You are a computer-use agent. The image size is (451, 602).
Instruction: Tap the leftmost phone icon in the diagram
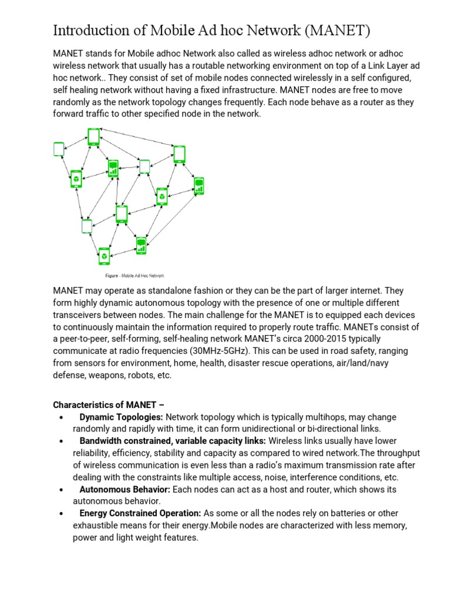click(x=59, y=149)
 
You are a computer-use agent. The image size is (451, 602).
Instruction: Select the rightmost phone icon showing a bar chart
click(x=199, y=186)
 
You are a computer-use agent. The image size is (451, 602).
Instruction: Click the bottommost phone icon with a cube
click(x=104, y=256)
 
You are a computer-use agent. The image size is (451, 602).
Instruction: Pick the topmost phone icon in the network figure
click(x=93, y=136)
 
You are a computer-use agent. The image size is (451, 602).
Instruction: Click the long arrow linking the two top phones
click(x=136, y=142)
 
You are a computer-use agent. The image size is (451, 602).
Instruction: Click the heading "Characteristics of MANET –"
click(x=105, y=405)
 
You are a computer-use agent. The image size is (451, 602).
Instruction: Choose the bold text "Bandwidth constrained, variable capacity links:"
click(x=173, y=441)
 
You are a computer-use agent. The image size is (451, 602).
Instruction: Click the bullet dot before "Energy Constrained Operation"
click(x=61, y=514)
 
